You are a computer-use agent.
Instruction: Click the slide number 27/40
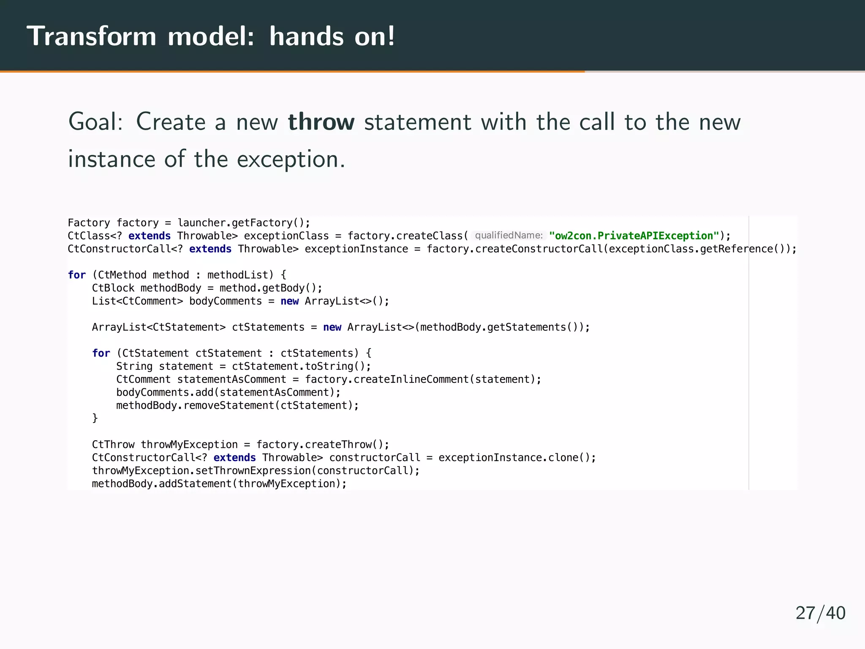[x=820, y=613]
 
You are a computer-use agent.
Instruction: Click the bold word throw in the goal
[x=321, y=122]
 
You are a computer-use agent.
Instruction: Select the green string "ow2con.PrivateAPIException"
[x=634, y=236]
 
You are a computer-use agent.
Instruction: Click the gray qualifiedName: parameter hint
[x=509, y=235]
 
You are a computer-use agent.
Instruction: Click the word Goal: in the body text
[x=95, y=122]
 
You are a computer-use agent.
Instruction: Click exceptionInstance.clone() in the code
[x=517, y=458]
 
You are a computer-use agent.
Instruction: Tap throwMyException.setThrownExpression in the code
[x=201, y=471]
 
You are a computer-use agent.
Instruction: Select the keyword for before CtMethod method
[x=76, y=275]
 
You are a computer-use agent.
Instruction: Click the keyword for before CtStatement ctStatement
[x=101, y=353]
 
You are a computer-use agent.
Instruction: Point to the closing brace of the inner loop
[x=95, y=418]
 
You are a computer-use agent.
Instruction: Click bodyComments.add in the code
[x=165, y=393]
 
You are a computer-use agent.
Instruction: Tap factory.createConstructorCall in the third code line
[x=514, y=249]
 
